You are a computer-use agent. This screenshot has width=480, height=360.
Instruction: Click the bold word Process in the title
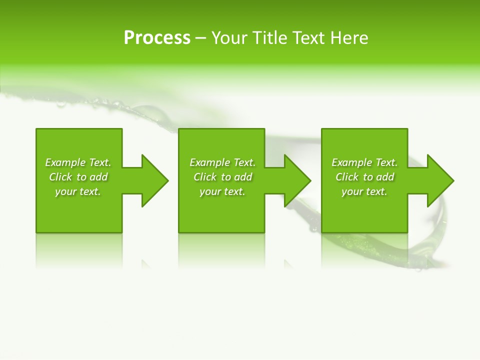[157, 38]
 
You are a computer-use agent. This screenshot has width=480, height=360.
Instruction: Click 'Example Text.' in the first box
[78, 162]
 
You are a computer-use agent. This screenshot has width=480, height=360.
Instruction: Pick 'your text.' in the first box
[78, 191]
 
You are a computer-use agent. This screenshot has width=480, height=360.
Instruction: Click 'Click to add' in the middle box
[222, 177]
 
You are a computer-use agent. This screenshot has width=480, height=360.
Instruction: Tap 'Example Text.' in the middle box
[222, 162]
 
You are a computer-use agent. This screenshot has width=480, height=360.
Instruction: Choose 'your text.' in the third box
[364, 191]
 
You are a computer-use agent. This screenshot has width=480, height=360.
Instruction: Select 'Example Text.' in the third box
[364, 162]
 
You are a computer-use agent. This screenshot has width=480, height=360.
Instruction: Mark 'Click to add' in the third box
[364, 177]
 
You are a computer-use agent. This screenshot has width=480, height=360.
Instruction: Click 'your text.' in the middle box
[222, 191]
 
